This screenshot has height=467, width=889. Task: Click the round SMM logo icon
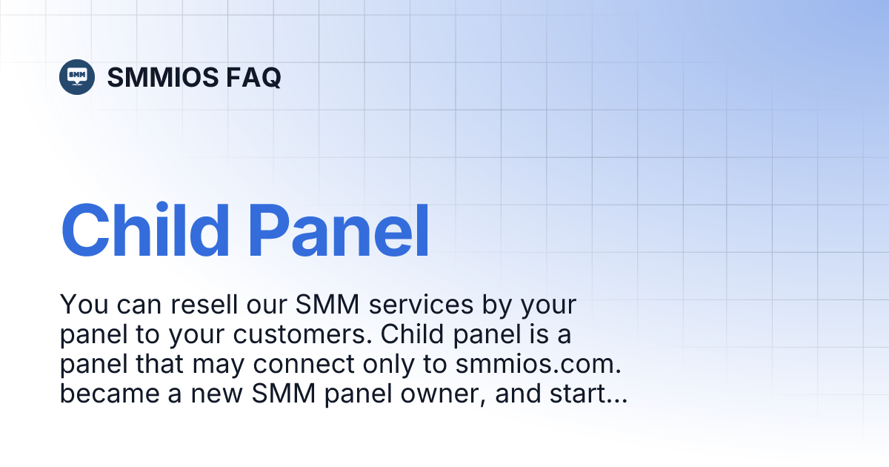pyautogui.click(x=77, y=76)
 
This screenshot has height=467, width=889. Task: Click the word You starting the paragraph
pyautogui.click(x=79, y=305)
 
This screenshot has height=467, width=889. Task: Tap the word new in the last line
pyautogui.click(x=219, y=395)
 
